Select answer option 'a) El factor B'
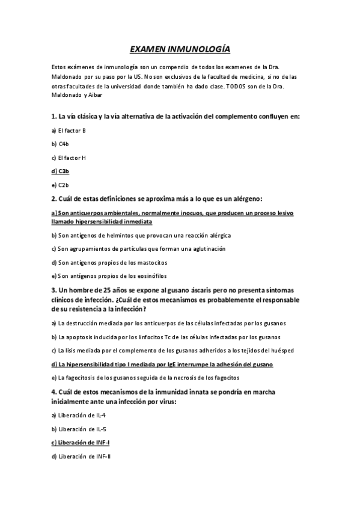[x=69, y=131]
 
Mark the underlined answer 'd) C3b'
[x=61, y=171]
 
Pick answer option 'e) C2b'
[x=61, y=185]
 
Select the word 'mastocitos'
[x=150, y=262]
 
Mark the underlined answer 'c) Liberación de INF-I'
[x=81, y=443]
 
